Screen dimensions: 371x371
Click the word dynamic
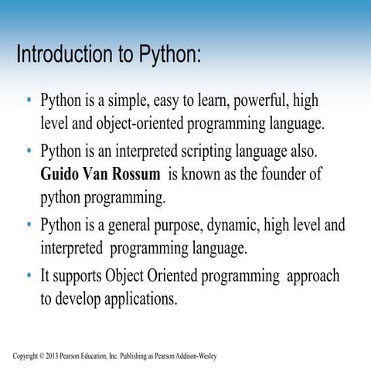[233, 225]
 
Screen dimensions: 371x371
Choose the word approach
[311, 275]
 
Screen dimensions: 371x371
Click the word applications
[134, 298]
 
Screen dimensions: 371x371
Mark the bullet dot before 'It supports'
[29, 275]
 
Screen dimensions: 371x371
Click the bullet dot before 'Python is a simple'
[29, 101]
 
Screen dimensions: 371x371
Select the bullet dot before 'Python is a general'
[29, 225]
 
